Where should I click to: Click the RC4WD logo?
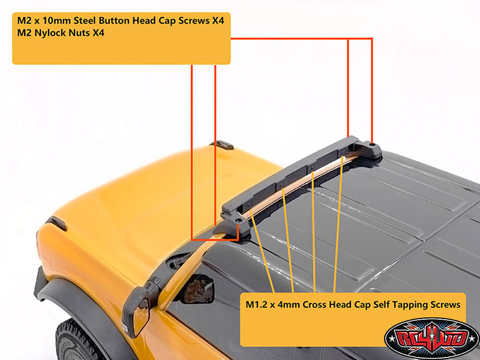431,338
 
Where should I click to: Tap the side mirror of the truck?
137,311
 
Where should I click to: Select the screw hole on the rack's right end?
373,143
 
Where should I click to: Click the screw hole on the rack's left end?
238,220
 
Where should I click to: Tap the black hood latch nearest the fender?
57,223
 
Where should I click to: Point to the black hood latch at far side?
221,145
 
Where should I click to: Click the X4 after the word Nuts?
98,32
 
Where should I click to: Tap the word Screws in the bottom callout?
445,305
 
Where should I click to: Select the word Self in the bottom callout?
381,305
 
